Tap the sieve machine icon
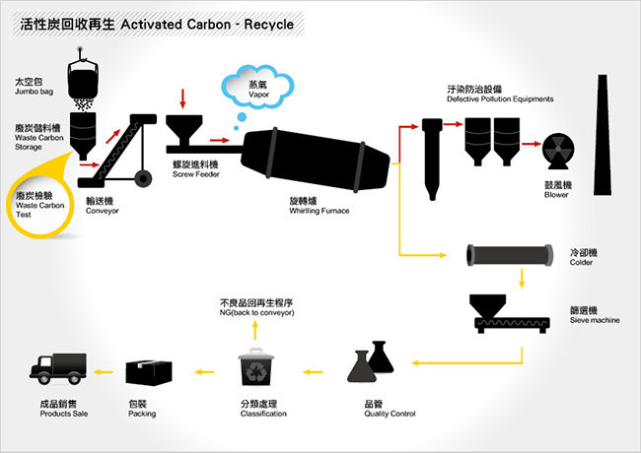506,313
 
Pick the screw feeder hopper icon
184,132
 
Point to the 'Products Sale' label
63,414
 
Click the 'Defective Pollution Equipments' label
499,99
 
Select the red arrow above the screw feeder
183,98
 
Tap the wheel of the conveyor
145,178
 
